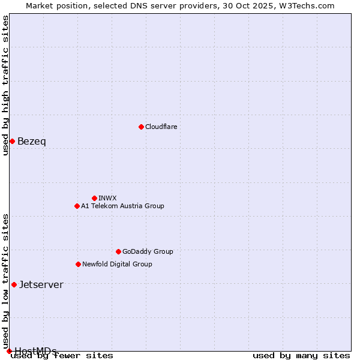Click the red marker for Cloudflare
coord(141,127)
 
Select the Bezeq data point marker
coord(12,141)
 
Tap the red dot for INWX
coord(94,198)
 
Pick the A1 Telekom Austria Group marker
coord(77,206)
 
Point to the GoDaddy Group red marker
coord(118,251)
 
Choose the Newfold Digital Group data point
coord(78,264)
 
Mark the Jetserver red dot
coord(14,284)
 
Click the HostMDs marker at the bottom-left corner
coord(9,351)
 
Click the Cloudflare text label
coord(161,127)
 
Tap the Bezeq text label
coord(31,141)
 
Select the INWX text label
coord(107,198)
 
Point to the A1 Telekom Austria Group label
coord(122,206)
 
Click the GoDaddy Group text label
coord(148,251)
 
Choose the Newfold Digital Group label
coord(117,264)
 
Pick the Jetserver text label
coord(41,284)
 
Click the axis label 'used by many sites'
coord(301,356)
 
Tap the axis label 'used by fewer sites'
coord(62,356)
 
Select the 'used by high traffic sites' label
coord(6,85)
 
